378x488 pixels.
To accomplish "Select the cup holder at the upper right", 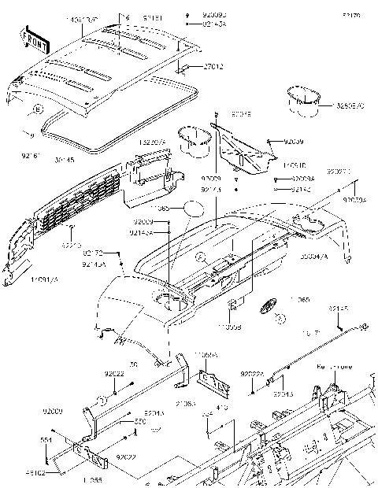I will pos(302,97).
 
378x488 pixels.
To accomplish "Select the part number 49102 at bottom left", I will pos(54,473).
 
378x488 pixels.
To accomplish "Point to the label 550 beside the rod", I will pos(139,421).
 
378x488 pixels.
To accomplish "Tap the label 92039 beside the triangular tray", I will pos(304,142).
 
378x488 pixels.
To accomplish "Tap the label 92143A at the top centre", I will pos(193,24).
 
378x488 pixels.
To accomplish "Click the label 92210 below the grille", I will pos(72,246).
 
